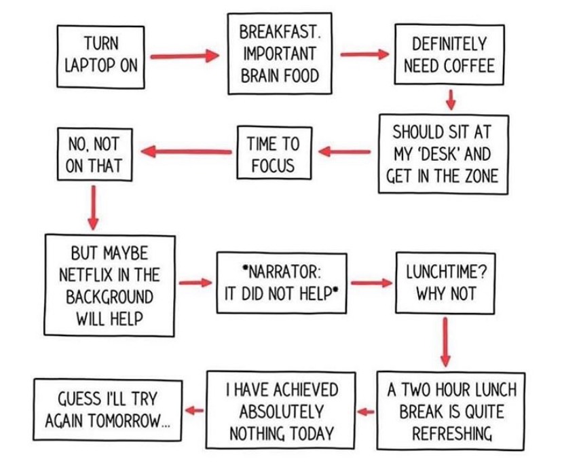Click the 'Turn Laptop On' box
click(x=100, y=56)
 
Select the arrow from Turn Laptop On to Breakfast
click(x=185, y=56)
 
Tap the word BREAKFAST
click(x=280, y=31)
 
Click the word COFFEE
click(x=469, y=66)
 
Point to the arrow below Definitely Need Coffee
click(x=451, y=99)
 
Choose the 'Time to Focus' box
click(x=274, y=153)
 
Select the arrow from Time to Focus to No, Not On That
click(x=187, y=151)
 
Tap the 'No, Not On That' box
click(x=94, y=154)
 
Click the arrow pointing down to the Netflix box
click(x=93, y=207)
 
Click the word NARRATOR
click(x=282, y=272)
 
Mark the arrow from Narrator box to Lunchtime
click(x=372, y=282)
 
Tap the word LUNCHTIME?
click(x=446, y=272)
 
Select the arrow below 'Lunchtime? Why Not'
click(x=445, y=342)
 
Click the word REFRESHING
click(x=452, y=434)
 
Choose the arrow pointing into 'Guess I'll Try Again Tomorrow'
click(x=194, y=410)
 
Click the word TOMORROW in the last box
click(x=129, y=420)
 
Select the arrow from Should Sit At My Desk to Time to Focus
click(x=344, y=151)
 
